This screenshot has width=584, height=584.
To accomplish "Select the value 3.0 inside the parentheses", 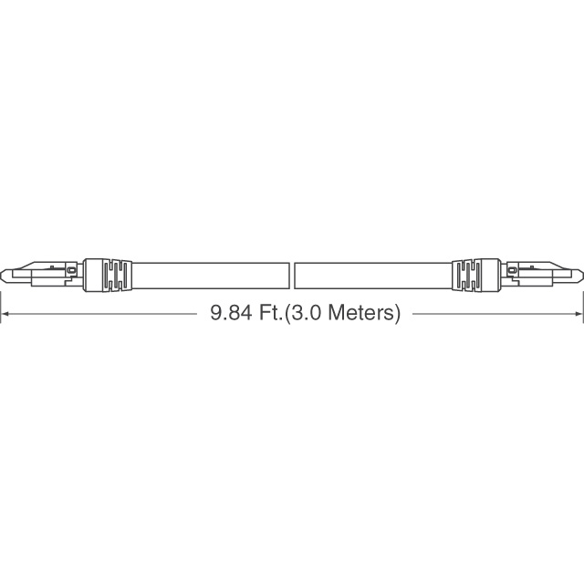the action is [x=305, y=313].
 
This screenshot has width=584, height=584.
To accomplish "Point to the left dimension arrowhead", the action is [x=5, y=314].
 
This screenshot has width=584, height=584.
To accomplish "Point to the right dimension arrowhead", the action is [x=579, y=314].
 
